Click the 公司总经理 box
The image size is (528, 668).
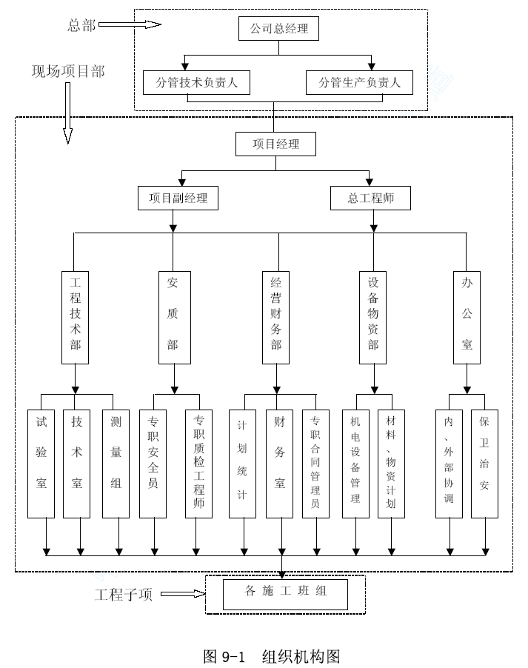(x=278, y=29)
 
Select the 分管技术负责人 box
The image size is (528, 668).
(x=196, y=82)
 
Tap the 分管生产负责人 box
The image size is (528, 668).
(x=359, y=82)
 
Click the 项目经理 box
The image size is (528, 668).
(x=275, y=144)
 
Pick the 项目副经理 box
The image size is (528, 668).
(x=178, y=198)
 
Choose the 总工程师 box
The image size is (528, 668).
(x=371, y=198)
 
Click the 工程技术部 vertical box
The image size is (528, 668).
(x=75, y=318)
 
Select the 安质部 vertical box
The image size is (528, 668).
(x=175, y=318)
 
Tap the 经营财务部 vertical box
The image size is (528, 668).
(x=275, y=318)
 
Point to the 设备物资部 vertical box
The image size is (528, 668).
(x=373, y=318)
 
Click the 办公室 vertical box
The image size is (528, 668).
(x=467, y=318)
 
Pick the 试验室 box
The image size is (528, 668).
(x=41, y=464)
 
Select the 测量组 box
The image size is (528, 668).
(x=116, y=464)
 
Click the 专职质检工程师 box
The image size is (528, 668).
(x=199, y=464)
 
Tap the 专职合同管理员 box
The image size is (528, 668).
(x=315, y=464)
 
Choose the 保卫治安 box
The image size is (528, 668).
(x=484, y=464)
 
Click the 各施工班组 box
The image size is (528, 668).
(x=286, y=594)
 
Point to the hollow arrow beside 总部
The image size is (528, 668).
(x=130, y=24)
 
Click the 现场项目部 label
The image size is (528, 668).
(x=68, y=71)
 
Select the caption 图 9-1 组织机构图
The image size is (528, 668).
(x=272, y=656)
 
